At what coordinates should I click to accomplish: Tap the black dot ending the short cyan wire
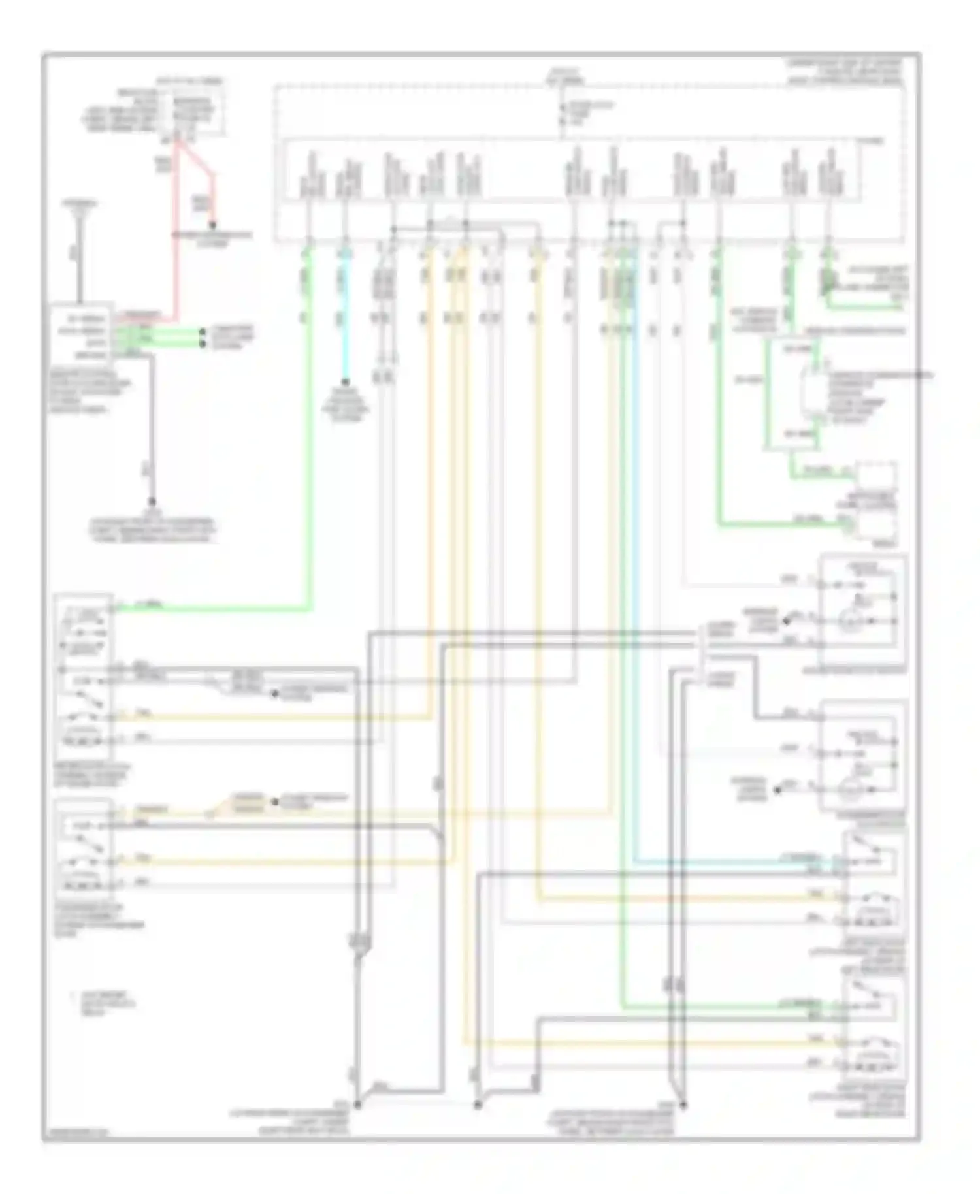click(x=346, y=383)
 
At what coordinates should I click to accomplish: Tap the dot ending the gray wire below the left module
click(x=152, y=502)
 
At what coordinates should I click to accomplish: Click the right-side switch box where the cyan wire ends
click(x=873, y=882)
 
